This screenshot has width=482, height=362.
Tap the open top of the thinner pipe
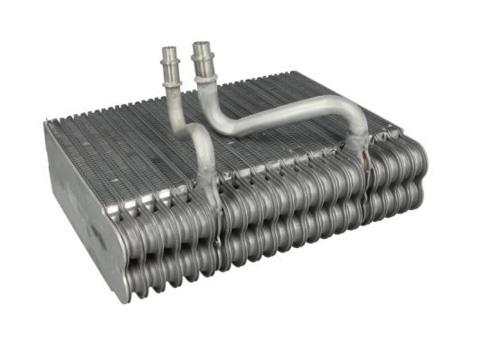point(167,49)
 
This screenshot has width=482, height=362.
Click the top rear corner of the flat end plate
point(47,125)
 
